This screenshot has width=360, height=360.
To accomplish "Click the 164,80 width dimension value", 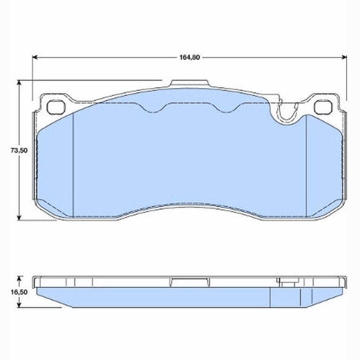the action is coord(190,57).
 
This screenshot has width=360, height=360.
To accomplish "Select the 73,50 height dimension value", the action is coord(19,150).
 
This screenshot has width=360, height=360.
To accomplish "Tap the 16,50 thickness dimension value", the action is coord(19,292).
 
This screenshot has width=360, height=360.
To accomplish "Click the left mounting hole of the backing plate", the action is coord(56,107).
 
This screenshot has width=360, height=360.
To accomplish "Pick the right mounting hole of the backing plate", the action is coord(323,107).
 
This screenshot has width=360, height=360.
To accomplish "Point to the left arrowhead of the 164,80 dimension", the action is coord(35,57).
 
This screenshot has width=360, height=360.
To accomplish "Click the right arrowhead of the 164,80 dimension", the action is coord(344,57).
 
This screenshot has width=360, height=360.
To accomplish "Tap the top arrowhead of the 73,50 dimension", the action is coord(19,82).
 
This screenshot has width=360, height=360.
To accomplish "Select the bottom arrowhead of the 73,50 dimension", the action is coord(19,217).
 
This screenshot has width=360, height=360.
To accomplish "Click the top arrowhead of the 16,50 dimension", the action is coord(19,279).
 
